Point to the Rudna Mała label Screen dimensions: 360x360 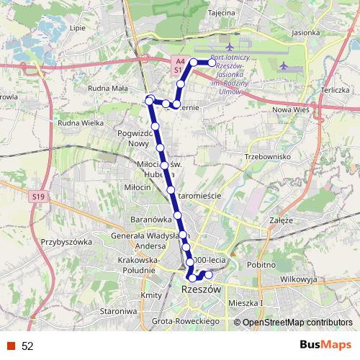pos(107,89)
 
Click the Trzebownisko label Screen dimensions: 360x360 pos(267,156)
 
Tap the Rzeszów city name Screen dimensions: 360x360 pos(201,289)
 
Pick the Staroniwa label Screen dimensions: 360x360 pos(118,310)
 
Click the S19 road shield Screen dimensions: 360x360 pos(37,195)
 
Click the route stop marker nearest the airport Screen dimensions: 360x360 pos(212,63)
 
